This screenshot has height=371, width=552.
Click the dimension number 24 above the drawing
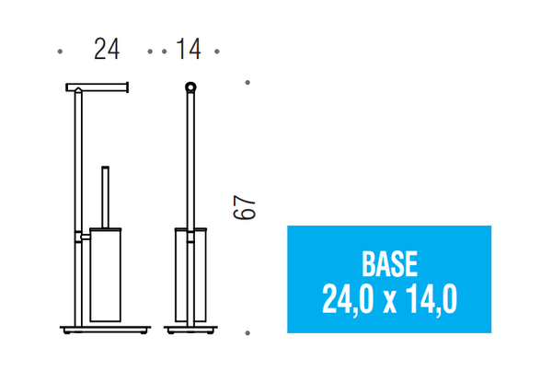point(107,49)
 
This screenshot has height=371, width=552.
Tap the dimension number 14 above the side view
point(189,49)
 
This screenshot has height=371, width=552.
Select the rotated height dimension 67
point(244,207)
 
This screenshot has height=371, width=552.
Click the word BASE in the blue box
point(389,264)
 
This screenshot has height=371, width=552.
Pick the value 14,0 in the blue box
point(431,299)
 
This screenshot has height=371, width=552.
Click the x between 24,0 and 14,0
point(390,303)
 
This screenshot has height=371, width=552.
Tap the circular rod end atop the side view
point(190,87)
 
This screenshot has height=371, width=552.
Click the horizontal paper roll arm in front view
point(97,87)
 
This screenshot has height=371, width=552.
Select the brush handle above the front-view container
point(105,197)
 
